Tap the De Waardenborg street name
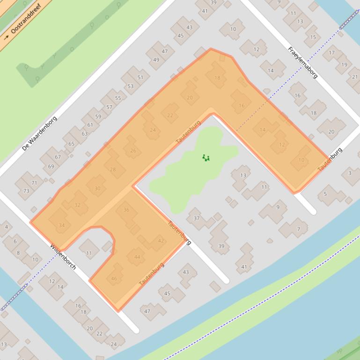[39, 134]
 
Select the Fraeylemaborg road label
[302, 62]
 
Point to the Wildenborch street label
[63, 258]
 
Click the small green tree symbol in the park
[206, 158]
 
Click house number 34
[61, 225]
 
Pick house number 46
[114, 279]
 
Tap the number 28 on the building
[112, 169]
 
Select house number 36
[126, 210]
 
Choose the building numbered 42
[161, 241]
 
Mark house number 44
[137, 257]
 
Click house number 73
[27, 191]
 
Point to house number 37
[197, 218]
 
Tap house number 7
[298, 229]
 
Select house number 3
[349, 173]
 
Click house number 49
[156, 59]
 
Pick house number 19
[344, 65]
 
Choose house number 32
[77, 205]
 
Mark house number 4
[6, 227]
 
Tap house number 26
[133, 151]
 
